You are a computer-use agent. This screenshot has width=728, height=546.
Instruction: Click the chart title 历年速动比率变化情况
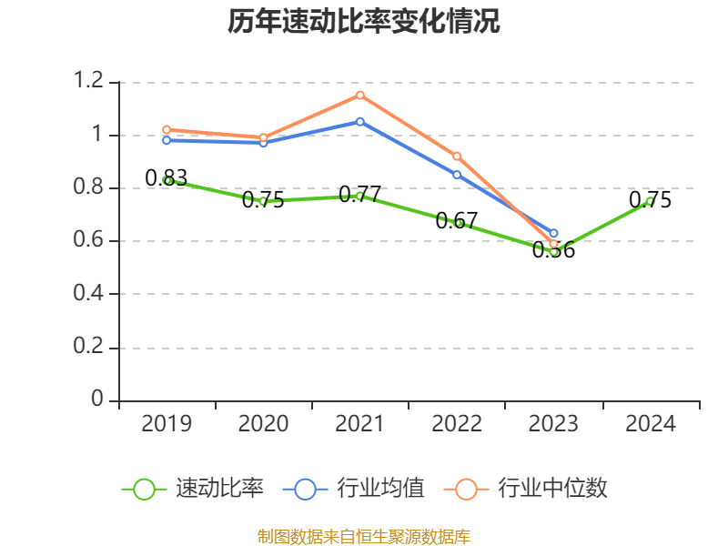pyautogui.click(x=364, y=22)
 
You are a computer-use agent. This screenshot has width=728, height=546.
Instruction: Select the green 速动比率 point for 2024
pyautogui.click(x=650, y=201)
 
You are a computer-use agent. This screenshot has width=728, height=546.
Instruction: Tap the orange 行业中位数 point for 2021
pyautogui.click(x=360, y=95)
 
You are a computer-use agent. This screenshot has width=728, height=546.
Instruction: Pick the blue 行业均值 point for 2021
pyautogui.click(x=360, y=121)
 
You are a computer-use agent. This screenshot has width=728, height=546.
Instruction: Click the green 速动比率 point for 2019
pyautogui.click(x=167, y=180)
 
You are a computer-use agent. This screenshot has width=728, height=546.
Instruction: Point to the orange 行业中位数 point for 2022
pyautogui.click(x=457, y=156)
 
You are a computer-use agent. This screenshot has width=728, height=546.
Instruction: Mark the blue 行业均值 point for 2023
pyautogui.click(x=553, y=233)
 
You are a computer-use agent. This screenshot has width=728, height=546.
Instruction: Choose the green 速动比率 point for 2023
pyautogui.click(x=553, y=250)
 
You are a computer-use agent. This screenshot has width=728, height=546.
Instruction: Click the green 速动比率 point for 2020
pyautogui.click(x=263, y=201)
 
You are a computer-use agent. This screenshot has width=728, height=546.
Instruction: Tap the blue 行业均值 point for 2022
pyautogui.click(x=457, y=174)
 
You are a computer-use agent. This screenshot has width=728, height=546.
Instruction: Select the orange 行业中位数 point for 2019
pyautogui.click(x=167, y=129)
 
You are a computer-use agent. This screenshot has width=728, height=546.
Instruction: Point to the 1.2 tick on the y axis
pyautogui.click(x=90, y=82)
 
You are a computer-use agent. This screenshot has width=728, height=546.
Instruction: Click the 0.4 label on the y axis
pyautogui.click(x=90, y=294)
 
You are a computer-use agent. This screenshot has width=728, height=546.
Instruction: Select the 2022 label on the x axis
pyautogui.click(x=457, y=424)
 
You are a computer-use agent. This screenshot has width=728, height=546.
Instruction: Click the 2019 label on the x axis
pyautogui.click(x=167, y=424)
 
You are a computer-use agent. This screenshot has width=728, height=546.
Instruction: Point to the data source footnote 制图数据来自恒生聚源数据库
pyautogui.click(x=364, y=536)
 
